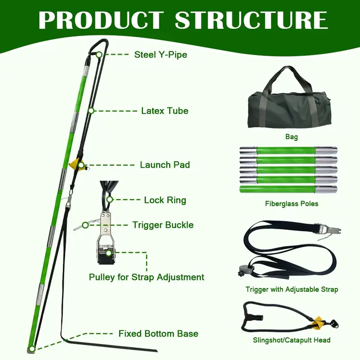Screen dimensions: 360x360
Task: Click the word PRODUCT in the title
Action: tap(101, 20)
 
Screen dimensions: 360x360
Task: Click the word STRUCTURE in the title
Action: tap(251, 20)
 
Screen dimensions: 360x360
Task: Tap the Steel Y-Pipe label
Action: tap(160, 55)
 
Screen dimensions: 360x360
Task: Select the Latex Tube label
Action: tap(165, 111)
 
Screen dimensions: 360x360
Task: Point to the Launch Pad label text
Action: tap(165, 165)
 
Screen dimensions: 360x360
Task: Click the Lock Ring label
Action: tap(165, 200)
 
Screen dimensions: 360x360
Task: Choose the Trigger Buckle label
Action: tap(163, 225)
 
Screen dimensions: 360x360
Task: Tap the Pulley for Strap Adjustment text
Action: tap(147, 277)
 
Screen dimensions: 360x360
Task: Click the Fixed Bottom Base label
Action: tap(158, 334)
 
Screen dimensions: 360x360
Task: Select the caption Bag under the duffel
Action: tap(292, 137)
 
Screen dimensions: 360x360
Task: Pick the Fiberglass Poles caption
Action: tap(292, 204)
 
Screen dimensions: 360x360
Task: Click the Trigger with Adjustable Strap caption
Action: tap(292, 289)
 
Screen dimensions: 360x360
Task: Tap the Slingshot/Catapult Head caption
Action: tap(292, 340)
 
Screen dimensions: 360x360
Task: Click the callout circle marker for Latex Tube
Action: tap(91, 111)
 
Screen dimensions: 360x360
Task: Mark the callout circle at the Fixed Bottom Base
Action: tap(32, 349)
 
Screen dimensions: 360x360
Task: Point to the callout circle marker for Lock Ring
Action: tap(110, 200)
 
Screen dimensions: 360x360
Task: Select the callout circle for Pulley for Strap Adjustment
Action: tap(109, 253)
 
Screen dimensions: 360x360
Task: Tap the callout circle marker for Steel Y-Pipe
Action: tap(99, 55)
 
